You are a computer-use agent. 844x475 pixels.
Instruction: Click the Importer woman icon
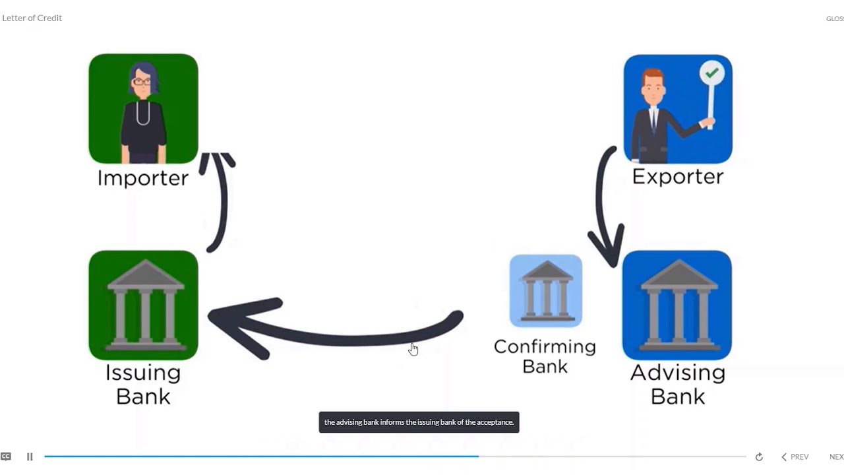tap(143, 109)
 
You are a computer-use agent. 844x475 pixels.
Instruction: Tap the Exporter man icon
tap(678, 109)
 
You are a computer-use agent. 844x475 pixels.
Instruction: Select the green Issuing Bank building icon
tap(143, 305)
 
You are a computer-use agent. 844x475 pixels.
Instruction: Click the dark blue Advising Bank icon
tap(677, 305)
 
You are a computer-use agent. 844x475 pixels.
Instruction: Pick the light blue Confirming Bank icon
tap(545, 291)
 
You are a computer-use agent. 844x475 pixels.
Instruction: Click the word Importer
tap(143, 178)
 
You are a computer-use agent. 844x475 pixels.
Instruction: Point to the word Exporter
tap(678, 176)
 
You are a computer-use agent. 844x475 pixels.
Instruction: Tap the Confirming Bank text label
tap(545, 356)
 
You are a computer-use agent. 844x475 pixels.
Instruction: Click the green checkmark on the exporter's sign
tap(711, 73)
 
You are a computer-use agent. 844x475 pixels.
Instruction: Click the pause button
tap(30, 457)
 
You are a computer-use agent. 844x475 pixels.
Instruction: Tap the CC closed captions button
tap(6, 457)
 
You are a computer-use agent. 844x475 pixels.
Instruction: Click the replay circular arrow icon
tap(759, 457)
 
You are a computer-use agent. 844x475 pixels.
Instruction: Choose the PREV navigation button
tap(795, 457)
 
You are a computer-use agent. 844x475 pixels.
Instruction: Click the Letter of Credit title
tap(32, 18)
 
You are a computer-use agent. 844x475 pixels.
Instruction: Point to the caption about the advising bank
tap(419, 422)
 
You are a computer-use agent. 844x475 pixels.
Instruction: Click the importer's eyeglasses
tap(142, 81)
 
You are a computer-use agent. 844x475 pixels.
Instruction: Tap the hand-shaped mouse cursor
tap(413, 350)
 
